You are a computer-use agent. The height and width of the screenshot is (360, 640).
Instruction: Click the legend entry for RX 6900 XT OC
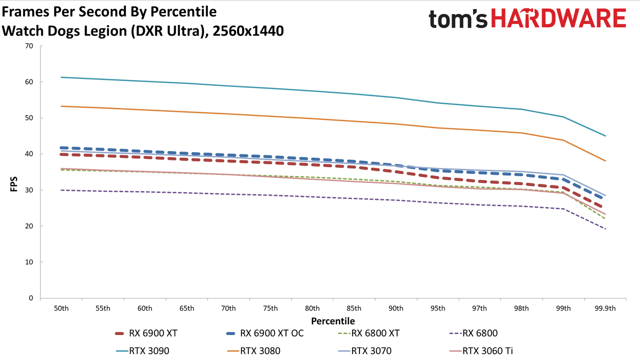click(x=264, y=333)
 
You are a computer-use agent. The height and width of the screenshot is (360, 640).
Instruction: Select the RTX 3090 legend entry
click(x=142, y=350)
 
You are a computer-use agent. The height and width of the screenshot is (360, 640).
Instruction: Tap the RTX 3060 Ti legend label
click(x=487, y=350)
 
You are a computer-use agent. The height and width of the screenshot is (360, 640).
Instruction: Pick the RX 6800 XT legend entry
click(x=368, y=333)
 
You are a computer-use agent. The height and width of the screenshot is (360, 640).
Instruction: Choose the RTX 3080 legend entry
click(x=253, y=350)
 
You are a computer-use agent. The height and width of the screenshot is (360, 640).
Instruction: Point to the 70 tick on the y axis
click(x=29, y=46)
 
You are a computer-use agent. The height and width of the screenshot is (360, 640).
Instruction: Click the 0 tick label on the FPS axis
click(x=31, y=298)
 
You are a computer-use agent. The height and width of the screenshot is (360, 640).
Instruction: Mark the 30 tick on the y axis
click(x=29, y=190)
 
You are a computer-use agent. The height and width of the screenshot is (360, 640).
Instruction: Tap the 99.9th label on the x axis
click(x=605, y=308)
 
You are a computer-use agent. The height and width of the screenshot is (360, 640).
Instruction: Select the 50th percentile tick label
click(x=61, y=308)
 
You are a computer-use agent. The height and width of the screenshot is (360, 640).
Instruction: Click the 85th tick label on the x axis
click(x=354, y=308)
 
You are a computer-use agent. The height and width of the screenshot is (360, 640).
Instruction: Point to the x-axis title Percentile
click(x=333, y=321)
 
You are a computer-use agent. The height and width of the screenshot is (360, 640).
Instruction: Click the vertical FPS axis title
click(x=13, y=184)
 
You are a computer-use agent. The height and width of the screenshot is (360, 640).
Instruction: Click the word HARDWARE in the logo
click(x=558, y=18)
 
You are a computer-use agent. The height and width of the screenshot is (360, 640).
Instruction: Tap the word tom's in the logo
click(x=457, y=19)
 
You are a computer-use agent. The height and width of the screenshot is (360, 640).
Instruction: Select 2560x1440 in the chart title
click(x=248, y=31)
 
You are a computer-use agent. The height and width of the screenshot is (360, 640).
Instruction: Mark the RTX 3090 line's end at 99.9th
click(x=605, y=135)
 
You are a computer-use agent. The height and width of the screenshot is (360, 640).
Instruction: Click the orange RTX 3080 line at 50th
click(x=61, y=106)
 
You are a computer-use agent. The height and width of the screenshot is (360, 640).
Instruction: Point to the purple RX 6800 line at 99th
click(x=563, y=209)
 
